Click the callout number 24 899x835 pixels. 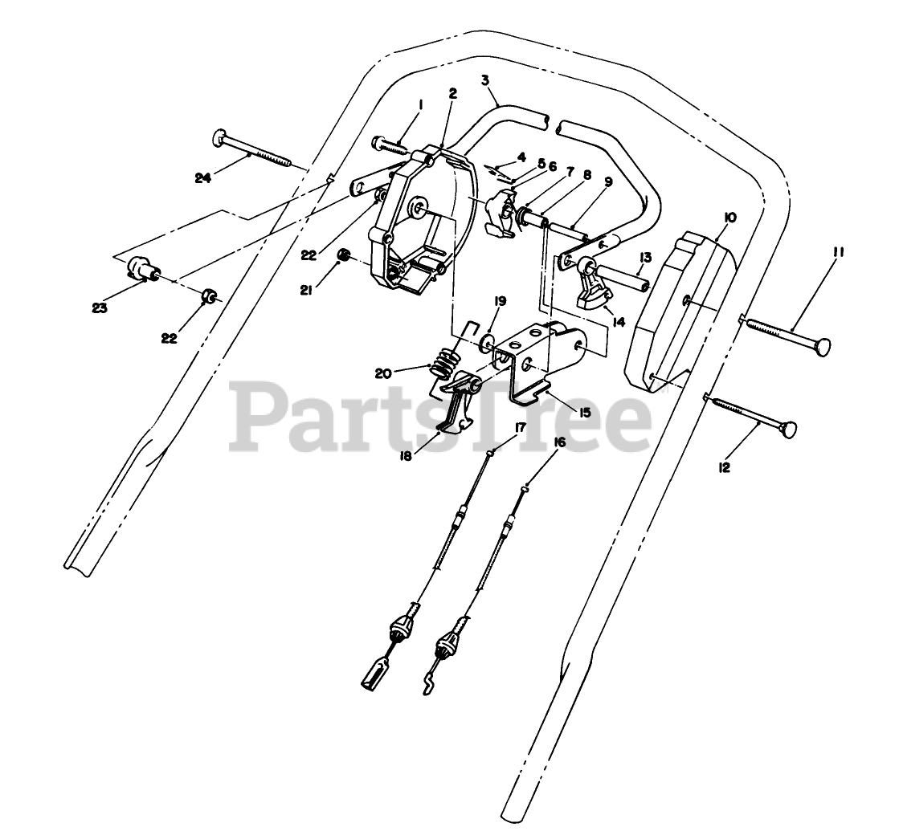click(x=202, y=178)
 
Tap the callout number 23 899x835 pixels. click(x=100, y=307)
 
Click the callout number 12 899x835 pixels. click(x=725, y=466)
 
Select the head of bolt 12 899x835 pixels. click(x=790, y=430)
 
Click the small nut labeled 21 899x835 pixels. click(x=345, y=255)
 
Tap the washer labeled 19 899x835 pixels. click(x=488, y=346)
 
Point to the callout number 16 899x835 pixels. click(x=559, y=442)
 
